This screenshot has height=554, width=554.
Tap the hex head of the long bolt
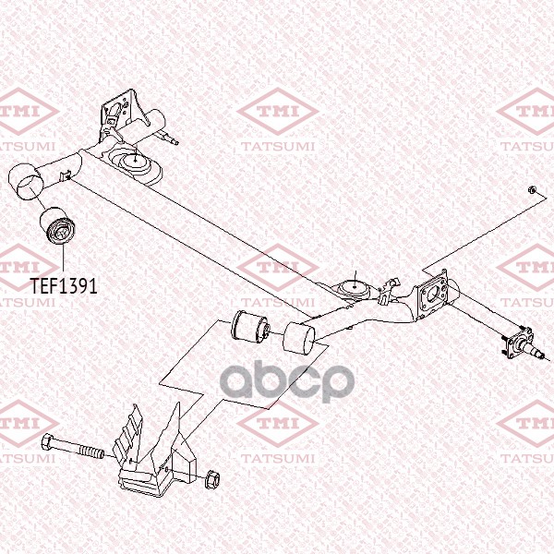(x=48, y=440)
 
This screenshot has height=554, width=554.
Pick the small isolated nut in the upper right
(x=534, y=189)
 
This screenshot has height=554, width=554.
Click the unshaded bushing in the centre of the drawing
(x=249, y=326)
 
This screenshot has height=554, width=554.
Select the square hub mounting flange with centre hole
(x=433, y=293)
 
